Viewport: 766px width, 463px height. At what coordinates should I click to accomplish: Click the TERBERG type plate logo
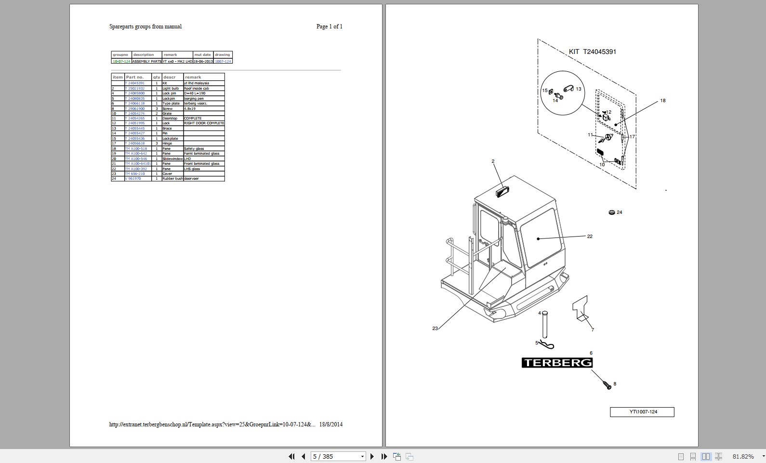(557, 363)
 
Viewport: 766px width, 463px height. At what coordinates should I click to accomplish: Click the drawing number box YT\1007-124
(642, 412)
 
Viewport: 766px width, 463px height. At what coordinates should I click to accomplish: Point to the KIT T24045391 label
(592, 52)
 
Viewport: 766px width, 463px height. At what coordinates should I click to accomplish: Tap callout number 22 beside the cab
(590, 237)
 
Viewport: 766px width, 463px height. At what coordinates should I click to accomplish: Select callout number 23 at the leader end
(435, 329)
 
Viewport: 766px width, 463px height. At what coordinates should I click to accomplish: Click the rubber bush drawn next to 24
(612, 212)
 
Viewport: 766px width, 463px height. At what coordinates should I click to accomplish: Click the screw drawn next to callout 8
(607, 385)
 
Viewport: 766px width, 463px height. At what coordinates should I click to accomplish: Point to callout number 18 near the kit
(663, 101)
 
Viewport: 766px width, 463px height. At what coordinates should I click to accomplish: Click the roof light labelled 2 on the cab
(502, 192)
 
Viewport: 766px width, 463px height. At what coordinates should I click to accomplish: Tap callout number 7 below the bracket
(593, 330)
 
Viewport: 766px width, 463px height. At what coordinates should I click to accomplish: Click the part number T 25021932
(135, 89)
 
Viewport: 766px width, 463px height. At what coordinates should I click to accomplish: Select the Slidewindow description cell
(172, 159)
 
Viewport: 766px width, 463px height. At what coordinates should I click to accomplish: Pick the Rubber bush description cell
(172, 179)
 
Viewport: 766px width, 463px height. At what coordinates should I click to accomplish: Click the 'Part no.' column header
(135, 77)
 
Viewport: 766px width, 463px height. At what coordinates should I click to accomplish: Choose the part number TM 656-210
(135, 174)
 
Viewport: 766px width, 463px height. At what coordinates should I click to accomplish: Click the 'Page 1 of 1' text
(330, 26)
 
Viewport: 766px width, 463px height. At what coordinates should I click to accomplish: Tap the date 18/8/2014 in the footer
(331, 424)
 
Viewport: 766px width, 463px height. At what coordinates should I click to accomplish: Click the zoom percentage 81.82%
(743, 457)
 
